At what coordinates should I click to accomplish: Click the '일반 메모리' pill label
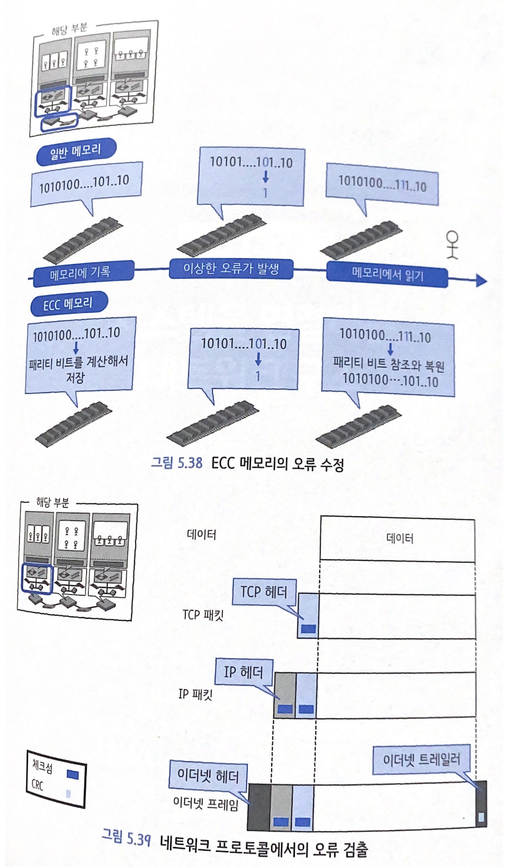pos(75,152)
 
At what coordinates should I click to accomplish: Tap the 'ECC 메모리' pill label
pos(68,303)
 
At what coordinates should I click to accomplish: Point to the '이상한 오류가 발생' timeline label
pos(231,268)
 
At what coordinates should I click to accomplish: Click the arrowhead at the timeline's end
pos(480,280)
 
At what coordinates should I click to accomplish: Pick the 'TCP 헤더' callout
pos(264,592)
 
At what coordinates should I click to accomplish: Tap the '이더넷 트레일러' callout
pos(421,760)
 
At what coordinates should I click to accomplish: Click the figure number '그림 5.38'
pos(177,462)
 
